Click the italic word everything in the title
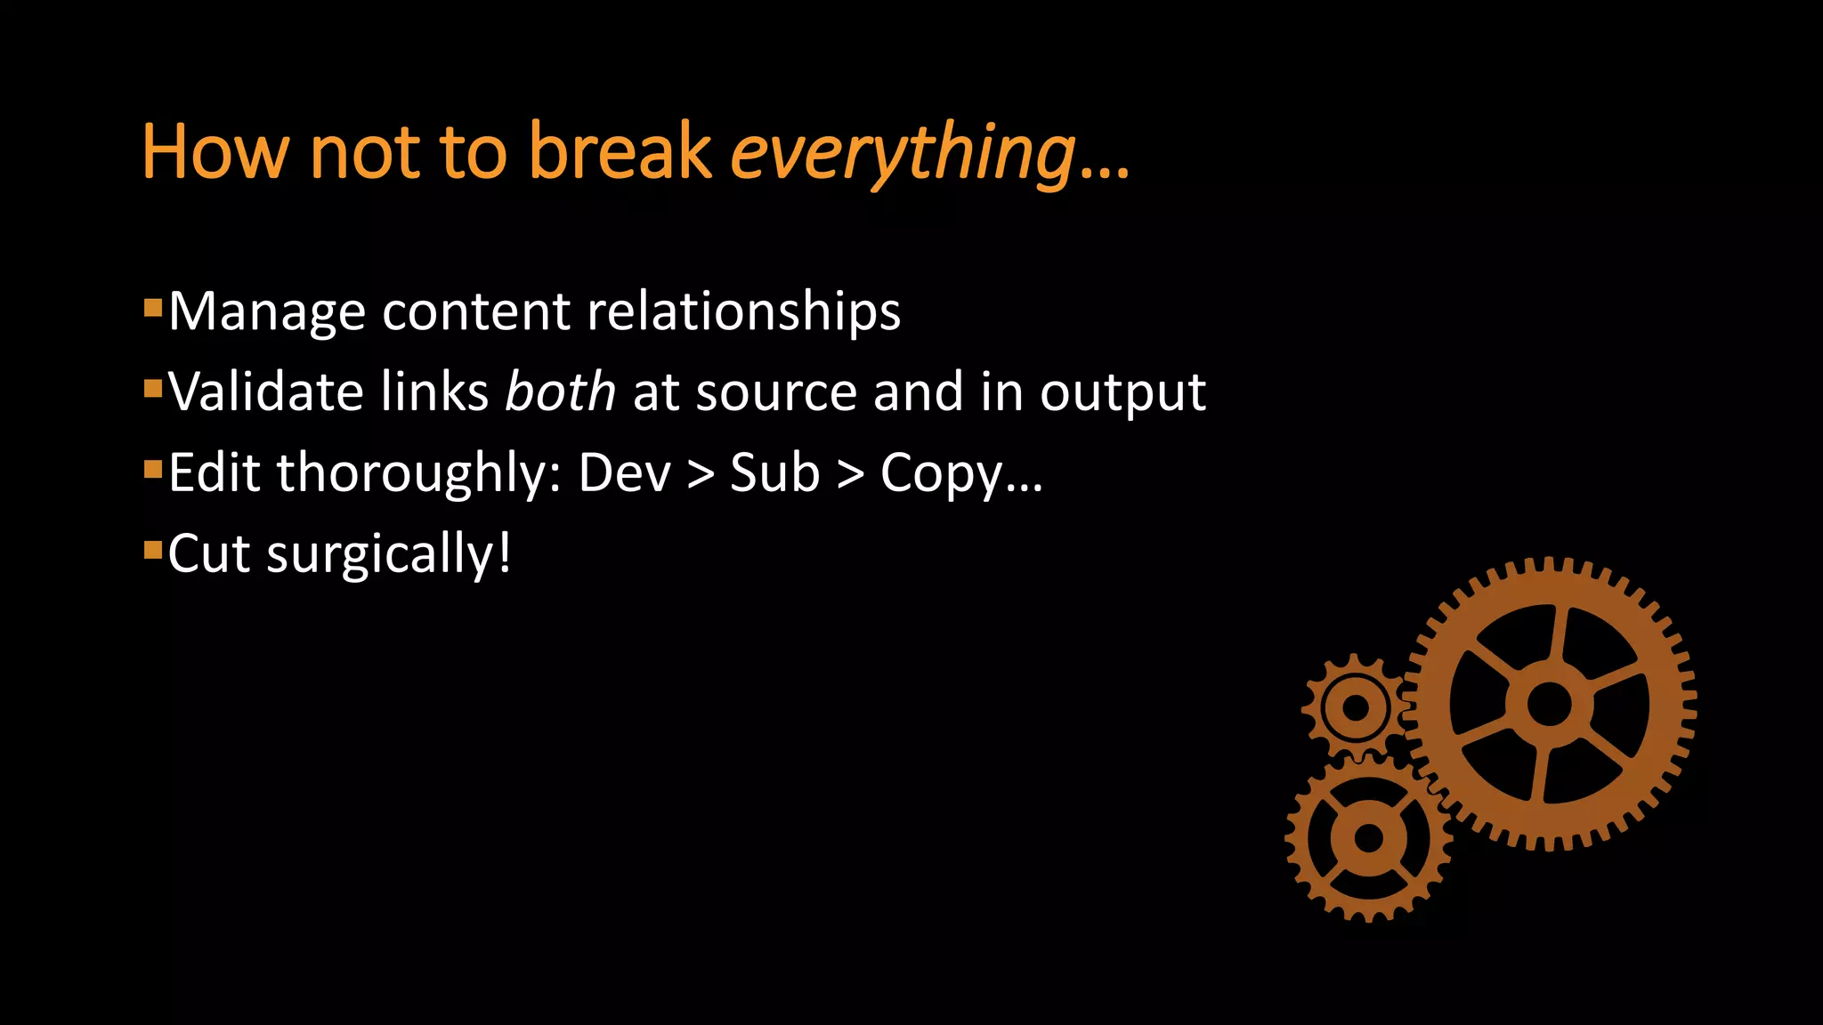point(903,153)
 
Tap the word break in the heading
point(620,151)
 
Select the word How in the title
point(215,151)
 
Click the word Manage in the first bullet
point(267,312)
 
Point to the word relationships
point(744,312)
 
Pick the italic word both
point(560,391)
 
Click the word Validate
point(266,391)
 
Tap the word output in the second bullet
point(1122,393)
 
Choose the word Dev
point(624,472)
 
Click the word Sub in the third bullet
point(774,472)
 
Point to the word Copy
point(942,474)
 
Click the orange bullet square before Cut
point(153,551)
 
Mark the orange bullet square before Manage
point(153,309)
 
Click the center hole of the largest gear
point(1549,705)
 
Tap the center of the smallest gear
point(1355,708)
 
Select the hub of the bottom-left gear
point(1368,837)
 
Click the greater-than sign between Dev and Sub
point(701,474)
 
